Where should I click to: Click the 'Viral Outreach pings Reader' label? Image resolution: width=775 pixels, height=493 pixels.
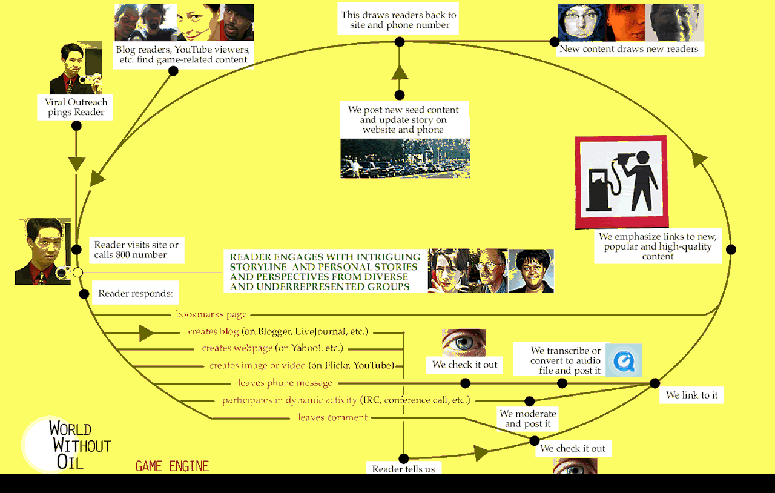(x=76, y=107)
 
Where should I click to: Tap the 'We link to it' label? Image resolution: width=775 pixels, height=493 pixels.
(x=691, y=395)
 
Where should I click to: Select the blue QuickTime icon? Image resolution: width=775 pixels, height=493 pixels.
(x=624, y=360)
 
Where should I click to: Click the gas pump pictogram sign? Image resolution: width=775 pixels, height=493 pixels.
(x=622, y=182)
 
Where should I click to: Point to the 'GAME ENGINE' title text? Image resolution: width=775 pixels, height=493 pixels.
(x=172, y=466)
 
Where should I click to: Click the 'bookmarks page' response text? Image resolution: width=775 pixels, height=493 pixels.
(x=211, y=314)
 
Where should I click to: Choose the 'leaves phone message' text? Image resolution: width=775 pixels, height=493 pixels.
(x=285, y=383)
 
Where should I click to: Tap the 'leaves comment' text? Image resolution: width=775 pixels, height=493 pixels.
(x=332, y=417)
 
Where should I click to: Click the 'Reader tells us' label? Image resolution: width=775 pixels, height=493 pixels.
(x=403, y=468)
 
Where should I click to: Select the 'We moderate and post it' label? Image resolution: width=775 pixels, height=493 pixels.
(x=527, y=419)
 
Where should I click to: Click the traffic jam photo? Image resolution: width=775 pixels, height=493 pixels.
(x=405, y=158)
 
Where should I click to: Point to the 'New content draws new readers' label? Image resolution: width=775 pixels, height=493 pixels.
(x=629, y=49)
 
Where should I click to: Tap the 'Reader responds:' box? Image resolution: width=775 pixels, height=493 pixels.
(x=135, y=293)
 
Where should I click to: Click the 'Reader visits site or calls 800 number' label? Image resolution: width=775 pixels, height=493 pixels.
(x=136, y=250)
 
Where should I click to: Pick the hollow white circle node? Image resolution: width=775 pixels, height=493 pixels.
(x=78, y=273)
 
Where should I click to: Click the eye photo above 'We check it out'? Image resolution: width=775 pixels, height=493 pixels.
(x=464, y=342)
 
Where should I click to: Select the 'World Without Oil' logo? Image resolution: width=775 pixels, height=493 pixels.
(x=66, y=445)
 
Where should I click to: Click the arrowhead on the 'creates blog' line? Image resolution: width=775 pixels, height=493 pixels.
(x=147, y=333)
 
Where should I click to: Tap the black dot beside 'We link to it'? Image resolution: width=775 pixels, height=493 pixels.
(x=655, y=383)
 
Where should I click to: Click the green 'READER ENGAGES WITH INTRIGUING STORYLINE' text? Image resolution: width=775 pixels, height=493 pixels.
(x=325, y=271)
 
